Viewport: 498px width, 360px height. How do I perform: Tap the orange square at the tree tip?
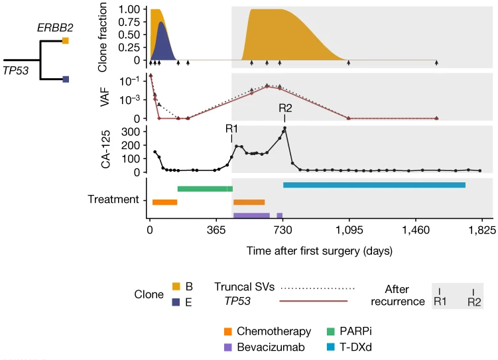click(x=66, y=40)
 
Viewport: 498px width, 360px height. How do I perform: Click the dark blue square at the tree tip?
click(x=66, y=80)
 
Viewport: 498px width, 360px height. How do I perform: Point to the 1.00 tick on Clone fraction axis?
click(x=129, y=10)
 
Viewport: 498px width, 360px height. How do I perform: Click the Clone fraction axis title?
click(x=102, y=37)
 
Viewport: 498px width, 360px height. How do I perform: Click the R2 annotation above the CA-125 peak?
click(x=286, y=109)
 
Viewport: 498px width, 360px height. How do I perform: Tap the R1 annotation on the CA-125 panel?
click(x=232, y=128)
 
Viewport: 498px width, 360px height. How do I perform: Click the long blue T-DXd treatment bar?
click(x=374, y=185)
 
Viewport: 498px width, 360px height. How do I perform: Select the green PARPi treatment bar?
click(x=205, y=189)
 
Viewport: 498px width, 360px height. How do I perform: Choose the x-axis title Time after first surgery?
click(x=318, y=251)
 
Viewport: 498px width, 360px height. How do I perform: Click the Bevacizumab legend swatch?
click(x=228, y=346)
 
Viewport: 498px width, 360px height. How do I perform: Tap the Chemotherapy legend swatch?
click(x=228, y=331)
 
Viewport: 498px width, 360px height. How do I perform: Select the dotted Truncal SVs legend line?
click(x=318, y=288)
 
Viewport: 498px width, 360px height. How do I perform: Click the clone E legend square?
click(x=176, y=302)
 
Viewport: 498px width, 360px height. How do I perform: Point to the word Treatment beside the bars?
click(x=113, y=199)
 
